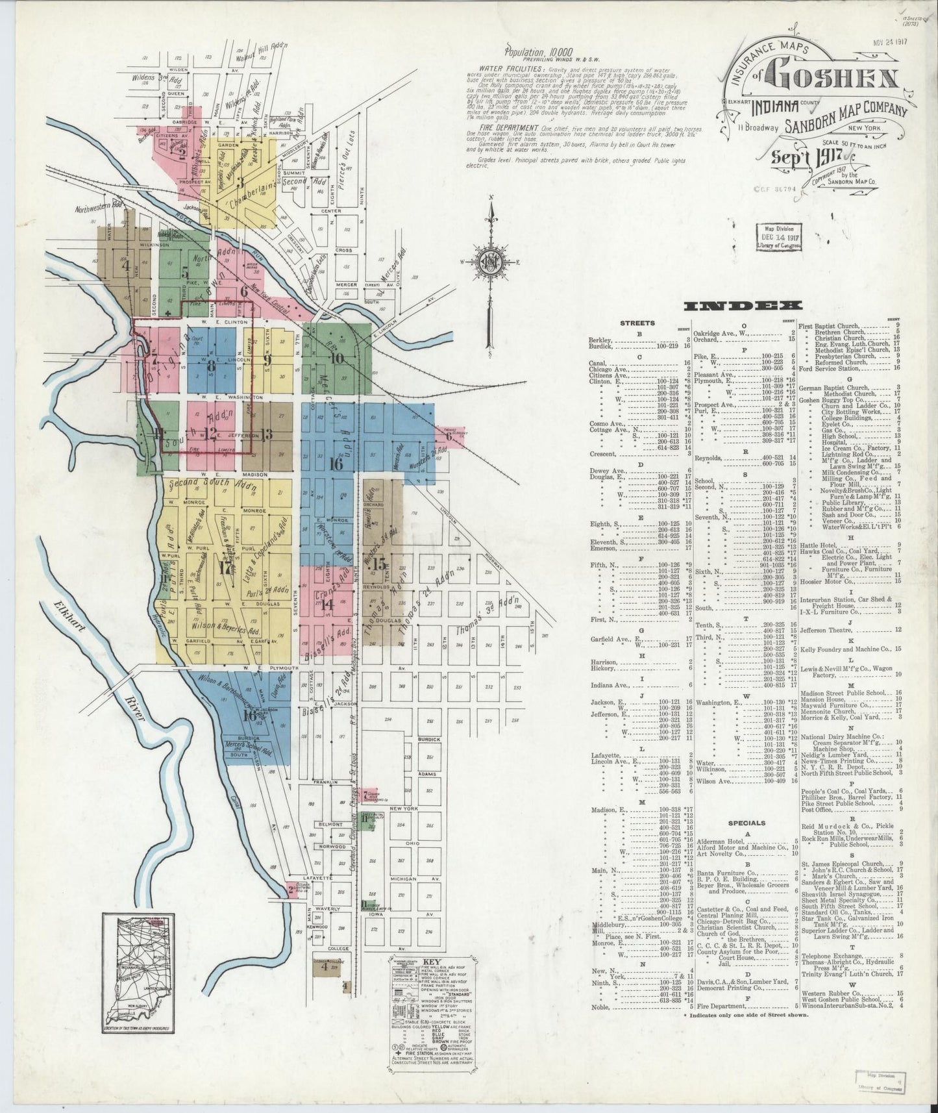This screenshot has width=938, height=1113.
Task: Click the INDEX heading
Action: pos(741,305)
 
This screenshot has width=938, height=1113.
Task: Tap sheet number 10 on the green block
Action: pos(336,357)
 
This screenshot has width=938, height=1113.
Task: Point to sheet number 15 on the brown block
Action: pos(379,564)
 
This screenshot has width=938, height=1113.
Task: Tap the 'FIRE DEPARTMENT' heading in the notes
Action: pos(507,127)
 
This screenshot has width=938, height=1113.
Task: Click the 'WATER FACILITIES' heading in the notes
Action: pos(510,68)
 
